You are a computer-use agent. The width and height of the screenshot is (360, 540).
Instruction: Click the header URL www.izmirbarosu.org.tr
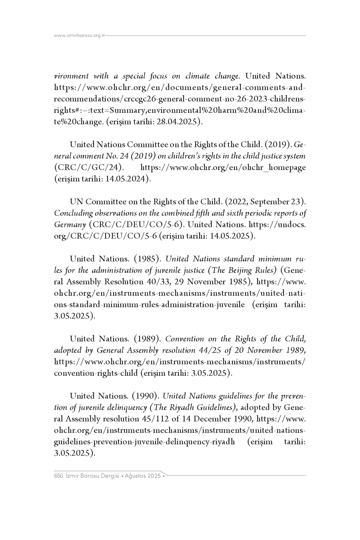point(80,36)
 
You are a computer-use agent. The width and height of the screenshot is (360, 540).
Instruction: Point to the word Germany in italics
point(70,225)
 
